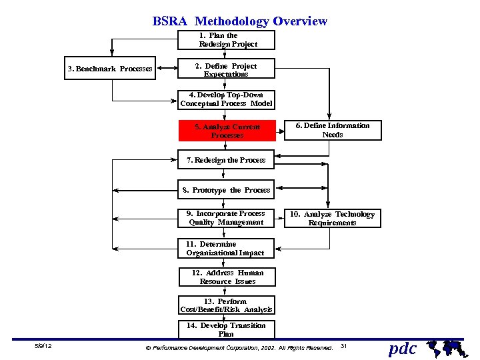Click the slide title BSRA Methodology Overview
coord(240,21)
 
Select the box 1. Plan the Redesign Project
coord(227,40)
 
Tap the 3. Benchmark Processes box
coord(110,69)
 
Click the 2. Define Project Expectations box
coord(227,70)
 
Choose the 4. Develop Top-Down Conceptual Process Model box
coord(227,99)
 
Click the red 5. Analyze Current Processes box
coord(227,131)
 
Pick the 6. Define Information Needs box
coord(333,130)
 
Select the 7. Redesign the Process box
coord(227,160)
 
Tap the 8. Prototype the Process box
coord(227,190)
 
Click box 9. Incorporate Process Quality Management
coord(226,218)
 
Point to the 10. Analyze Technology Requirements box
coord(332,219)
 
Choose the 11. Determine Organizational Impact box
coord(226,249)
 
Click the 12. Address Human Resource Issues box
coord(227,277)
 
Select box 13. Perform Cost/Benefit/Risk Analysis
coord(226,305)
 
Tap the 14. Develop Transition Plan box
coord(226,330)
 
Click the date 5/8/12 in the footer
coord(43,347)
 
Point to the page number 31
coord(344,346)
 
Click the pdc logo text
coord(402,348)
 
